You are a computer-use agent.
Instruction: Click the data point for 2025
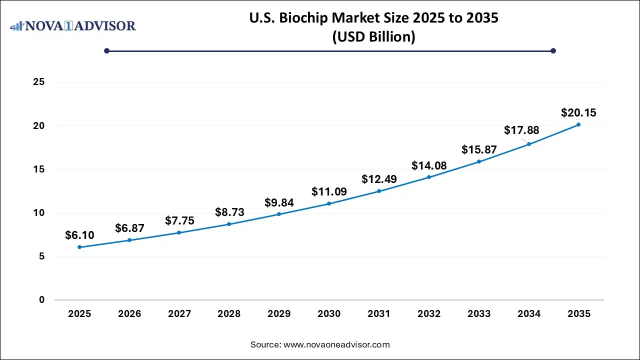pos(79,247)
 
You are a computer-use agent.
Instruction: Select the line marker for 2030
pos(329,203)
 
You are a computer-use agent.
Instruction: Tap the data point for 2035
pos(578,124)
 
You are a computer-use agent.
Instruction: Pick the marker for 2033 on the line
pos(479,161)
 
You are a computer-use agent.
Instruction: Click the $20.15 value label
pos(578,113)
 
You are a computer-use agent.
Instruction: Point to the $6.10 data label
pos(79,235)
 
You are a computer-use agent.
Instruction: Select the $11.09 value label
pos(329,191)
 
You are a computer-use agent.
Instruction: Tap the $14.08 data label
pos(429,165)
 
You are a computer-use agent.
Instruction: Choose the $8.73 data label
pos(229,212)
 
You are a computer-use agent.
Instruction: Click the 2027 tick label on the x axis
pos(179,314)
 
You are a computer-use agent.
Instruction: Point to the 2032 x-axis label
pos(429,314)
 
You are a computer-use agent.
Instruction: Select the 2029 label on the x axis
pos(279,314)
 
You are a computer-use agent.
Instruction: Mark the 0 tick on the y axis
pos(42,300)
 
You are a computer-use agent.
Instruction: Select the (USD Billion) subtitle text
pos(373,37)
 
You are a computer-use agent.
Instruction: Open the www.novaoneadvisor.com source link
pos(336,344)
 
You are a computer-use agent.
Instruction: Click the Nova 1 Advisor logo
pos(73,25)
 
